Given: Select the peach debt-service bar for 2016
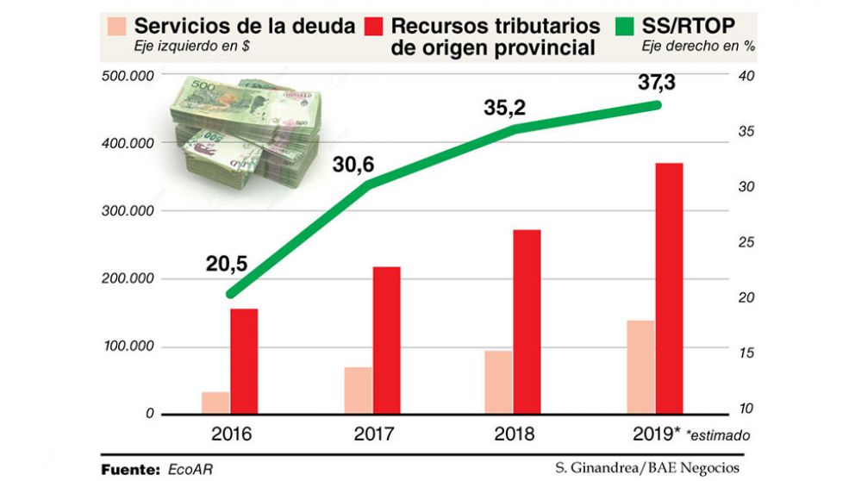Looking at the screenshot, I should [215, 403].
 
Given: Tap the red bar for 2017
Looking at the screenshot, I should [386, 340].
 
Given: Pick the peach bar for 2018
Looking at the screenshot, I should [498, 382].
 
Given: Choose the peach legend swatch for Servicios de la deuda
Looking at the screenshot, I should [120, 26].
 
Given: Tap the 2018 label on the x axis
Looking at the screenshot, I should [515, 433].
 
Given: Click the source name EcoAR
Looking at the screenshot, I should [190, 469].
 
